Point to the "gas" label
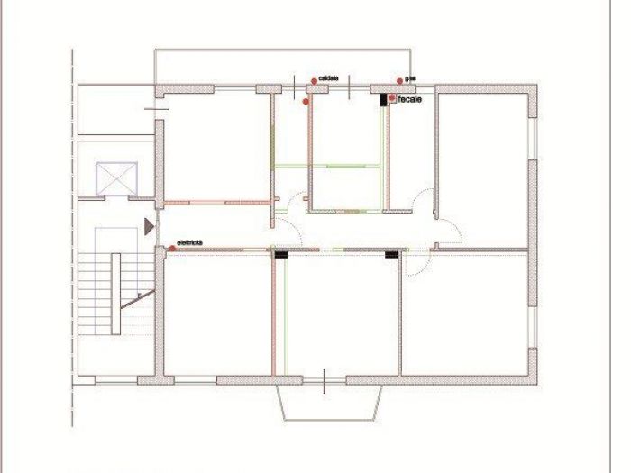click(x=410, y=79)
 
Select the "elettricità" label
click(x=190, y=243)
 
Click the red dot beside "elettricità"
click(x=172, y=246)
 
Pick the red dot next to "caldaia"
click(x=314, y=81)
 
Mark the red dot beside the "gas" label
click(x=399, y=82)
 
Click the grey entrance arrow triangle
click(x=149, y=226)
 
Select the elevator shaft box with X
click(x=116, y=177)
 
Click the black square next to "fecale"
click(x=383, y=99)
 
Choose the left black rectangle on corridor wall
click(x=281, y=255)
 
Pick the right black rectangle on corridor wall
click(x=392, y=255)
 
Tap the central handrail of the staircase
click(x=116, y=294)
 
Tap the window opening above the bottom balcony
click(x=325, y=380)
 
